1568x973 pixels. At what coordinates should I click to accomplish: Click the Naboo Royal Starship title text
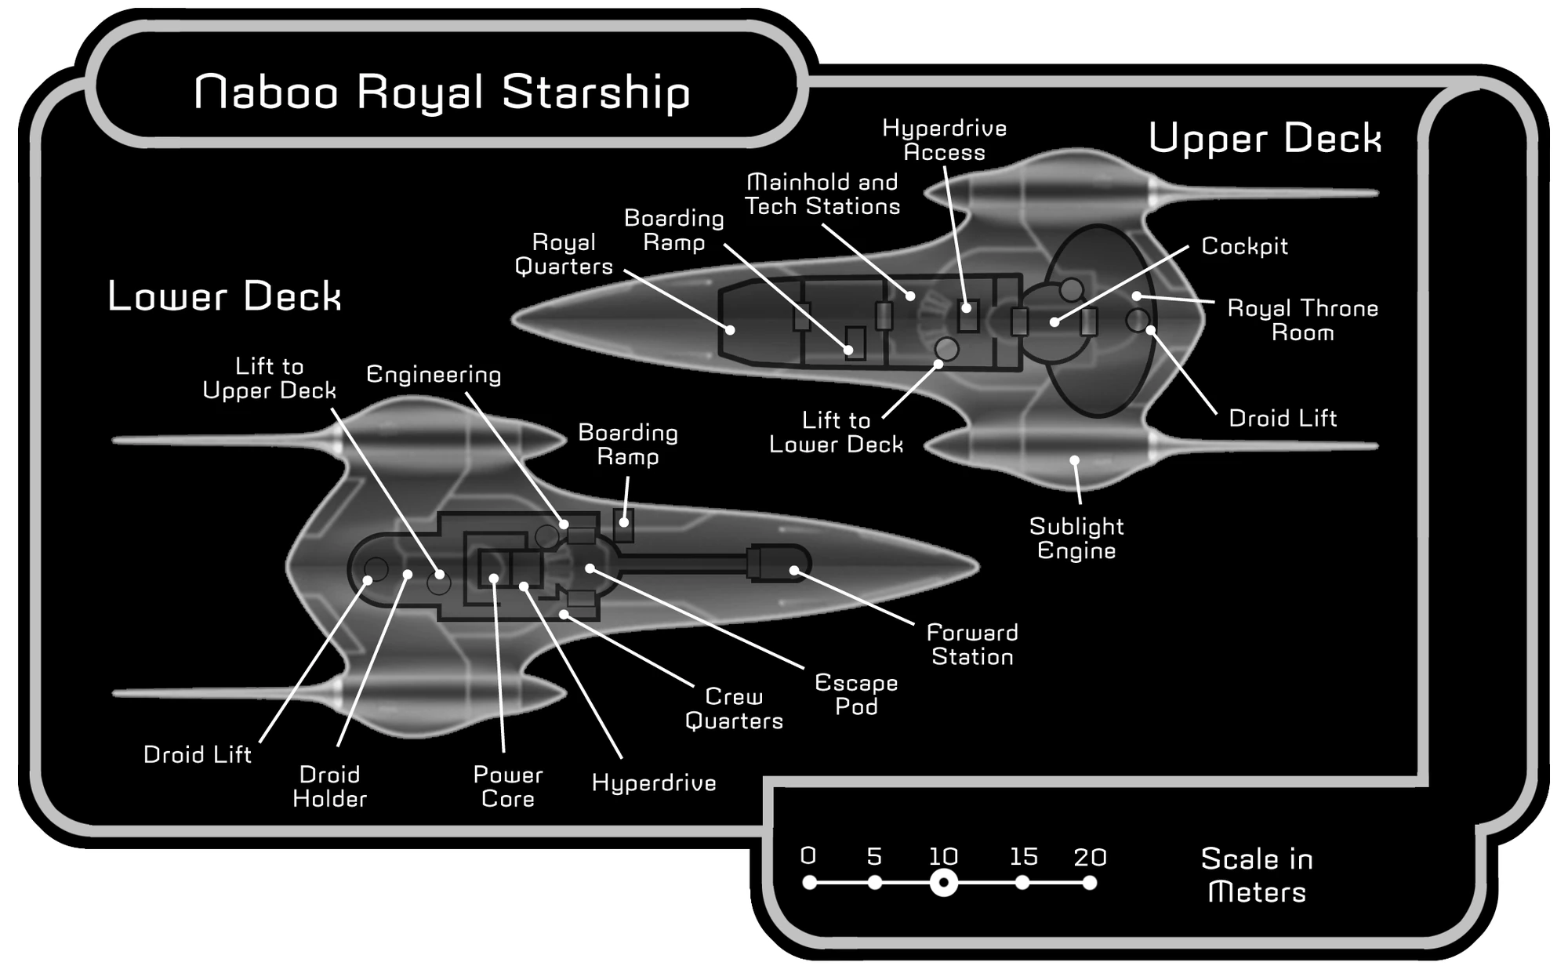coord(441,93)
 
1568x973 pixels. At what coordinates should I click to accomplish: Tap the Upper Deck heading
coord(1264,139)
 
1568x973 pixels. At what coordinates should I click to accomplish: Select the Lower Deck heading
coord(224,296)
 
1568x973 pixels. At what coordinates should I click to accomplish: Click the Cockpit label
coord(1244,246)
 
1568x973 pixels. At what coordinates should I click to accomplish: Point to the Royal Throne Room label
coord(1302,320)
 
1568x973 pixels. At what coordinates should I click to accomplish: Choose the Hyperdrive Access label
coord(944,140)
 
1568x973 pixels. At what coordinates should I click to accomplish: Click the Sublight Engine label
coord(1076,538)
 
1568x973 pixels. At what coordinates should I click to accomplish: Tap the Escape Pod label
coord(856,694)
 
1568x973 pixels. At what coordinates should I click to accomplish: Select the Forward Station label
coord(972,644)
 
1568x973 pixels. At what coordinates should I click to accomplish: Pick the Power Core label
coord(507,786)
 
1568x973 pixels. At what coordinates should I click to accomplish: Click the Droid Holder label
coord(329,786)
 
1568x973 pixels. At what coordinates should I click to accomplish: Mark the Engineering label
coord(434,375)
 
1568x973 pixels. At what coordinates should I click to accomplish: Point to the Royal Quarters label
coord(564,254)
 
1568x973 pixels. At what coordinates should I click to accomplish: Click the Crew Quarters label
coord(734,708)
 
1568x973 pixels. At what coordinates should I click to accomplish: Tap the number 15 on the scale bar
coord(1023,856)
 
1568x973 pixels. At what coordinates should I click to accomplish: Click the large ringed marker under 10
coord(944,883)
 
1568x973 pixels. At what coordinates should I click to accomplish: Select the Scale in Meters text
coord(1256,875)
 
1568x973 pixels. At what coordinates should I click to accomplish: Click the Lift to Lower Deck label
coord(836,432)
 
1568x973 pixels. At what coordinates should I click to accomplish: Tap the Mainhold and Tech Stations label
coord(822,194)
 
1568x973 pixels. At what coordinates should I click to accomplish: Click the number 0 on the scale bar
coord(808,855)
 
